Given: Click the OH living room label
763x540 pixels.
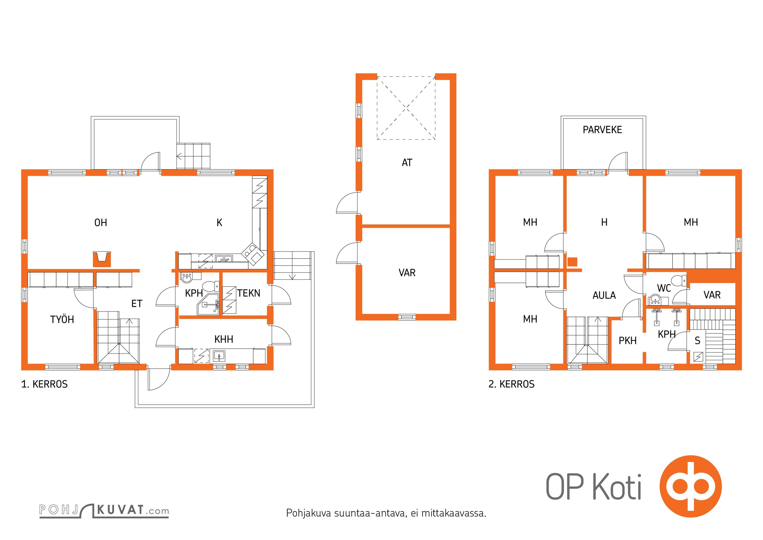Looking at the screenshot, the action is (x=101, y=223).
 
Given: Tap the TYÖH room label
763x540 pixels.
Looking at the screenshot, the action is (x=62, y=319).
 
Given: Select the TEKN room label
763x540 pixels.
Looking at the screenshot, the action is (x=249, y=293).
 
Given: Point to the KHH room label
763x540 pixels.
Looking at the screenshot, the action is (x=224, y=339).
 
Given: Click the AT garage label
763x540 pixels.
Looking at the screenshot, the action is (x=407, y=163).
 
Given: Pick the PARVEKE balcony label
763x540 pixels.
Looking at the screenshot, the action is (x=602, y=130).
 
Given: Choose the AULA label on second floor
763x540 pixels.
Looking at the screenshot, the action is (x=604, y=295).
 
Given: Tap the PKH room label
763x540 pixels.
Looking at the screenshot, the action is (x=627, y=341).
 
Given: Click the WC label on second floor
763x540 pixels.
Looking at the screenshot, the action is (x=664, y=288).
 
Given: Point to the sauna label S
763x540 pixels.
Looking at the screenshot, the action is (x=698, y=341).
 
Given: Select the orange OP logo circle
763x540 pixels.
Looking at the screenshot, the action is (x=691, y=486).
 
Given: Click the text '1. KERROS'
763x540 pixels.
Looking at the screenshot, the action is (x=44, y=384).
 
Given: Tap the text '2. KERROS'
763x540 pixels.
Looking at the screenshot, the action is (x=511, y=384).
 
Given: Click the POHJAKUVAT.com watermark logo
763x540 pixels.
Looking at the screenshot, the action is (x=104, y=510).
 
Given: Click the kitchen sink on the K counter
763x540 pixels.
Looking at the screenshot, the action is (x=224, y=260).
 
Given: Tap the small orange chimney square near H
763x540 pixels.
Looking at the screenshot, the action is (x=572, y=262).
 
